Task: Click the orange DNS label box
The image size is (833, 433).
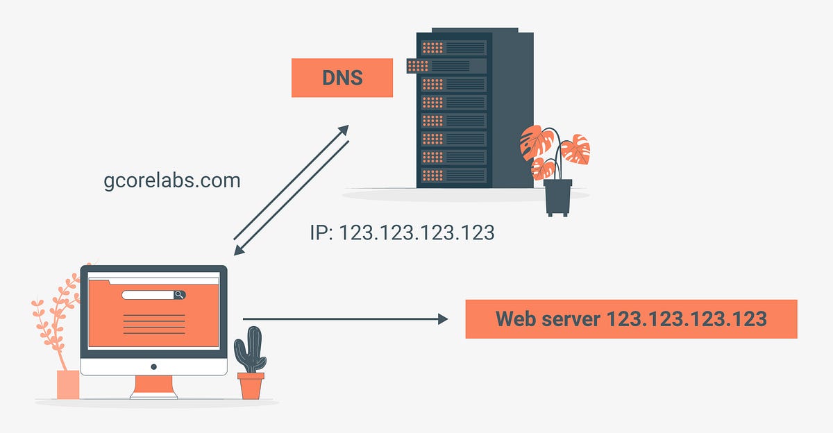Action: [342, 78]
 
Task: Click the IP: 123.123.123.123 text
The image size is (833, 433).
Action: [402, 232]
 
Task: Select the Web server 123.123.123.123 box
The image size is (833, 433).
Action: [630, 319]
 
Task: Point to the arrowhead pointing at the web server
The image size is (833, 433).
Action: [442, 319]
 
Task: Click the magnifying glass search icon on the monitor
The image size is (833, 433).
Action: [179, 295]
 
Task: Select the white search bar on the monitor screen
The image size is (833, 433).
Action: [147, 295]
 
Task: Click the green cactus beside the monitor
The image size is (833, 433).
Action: [249, 350]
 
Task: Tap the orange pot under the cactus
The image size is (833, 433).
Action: [251, 386]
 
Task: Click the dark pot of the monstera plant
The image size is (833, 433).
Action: [558, 196]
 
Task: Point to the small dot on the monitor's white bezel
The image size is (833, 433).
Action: [153, 366]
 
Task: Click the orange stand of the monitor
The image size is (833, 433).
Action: [153, 387]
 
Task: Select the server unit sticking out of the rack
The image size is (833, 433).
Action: [448, 66]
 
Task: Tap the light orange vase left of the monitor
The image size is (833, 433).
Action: [67, 384]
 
